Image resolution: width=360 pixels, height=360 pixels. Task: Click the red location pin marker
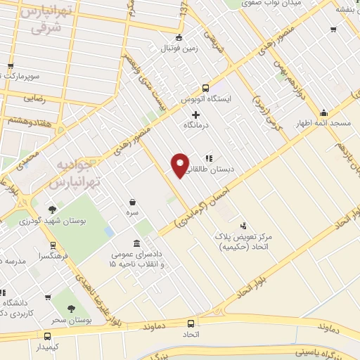pos(181,165)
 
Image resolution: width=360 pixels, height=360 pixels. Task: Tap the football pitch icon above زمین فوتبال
pos(179,38)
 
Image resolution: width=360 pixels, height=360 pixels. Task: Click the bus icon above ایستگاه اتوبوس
pos(205,88)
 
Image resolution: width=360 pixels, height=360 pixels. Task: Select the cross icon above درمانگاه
pos(196,114)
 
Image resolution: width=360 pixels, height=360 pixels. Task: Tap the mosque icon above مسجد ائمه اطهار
pos(323,112)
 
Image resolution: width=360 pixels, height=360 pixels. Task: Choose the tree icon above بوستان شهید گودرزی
pos(53,209)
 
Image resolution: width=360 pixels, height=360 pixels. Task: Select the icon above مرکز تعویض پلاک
pos(243,226)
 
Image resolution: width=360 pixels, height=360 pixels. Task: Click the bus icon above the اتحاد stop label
pos(191,323)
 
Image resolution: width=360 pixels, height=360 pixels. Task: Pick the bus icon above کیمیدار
pos(47,336)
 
